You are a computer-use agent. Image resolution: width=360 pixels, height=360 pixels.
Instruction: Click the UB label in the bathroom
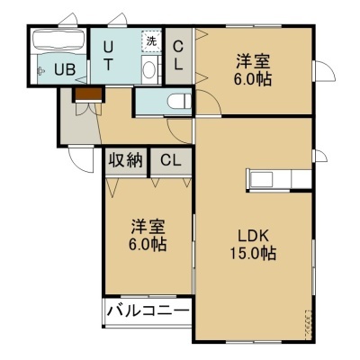pos(65,70)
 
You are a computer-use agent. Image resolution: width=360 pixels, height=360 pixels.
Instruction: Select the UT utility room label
pos(108,56)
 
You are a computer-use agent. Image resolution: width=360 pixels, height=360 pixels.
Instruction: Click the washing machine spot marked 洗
pos(151,41)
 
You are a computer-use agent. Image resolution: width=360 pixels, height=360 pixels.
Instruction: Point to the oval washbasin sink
pos(148,69)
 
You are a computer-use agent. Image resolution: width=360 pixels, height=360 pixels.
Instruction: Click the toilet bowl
pos(179,101)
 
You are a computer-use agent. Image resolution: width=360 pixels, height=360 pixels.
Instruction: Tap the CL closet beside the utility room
pos(178,56)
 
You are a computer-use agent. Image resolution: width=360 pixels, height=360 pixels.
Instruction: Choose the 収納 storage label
pos(125,160)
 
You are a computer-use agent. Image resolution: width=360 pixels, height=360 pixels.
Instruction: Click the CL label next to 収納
pos(170,160)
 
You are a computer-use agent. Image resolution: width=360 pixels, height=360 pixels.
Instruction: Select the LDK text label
pos(253,236)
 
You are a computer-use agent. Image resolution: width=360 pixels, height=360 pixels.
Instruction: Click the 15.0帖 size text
pos(253,253)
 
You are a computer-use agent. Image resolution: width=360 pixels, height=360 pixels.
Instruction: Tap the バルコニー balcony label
pos(148,310)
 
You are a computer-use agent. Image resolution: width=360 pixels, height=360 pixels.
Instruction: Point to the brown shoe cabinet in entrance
pos(88,94)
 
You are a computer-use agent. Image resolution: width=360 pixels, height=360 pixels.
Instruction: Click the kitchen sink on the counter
pos(262,180)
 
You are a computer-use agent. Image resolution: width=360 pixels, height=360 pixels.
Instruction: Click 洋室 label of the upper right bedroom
pos(253,61)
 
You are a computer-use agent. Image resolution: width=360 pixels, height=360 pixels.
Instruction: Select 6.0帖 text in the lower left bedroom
pos(148,245)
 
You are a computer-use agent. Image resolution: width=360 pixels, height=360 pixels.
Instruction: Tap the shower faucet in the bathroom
pos(40,71)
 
